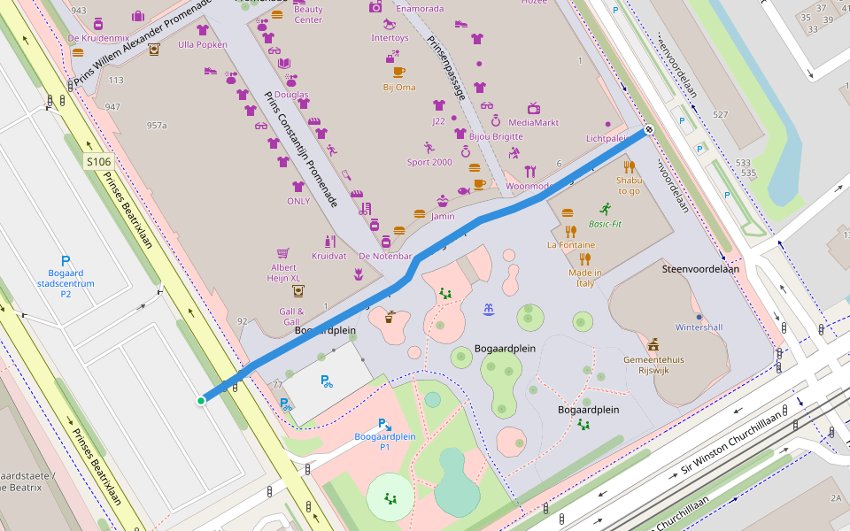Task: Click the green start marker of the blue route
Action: pos(201,401)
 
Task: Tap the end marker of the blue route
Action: pos(649,129)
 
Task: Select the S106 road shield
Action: pos(98,161)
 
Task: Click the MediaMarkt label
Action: pos(534,122)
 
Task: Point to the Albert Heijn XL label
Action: pos(283,273)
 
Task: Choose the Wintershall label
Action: pos(699,327)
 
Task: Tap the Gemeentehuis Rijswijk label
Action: pos(653,365)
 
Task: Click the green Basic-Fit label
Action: pos(606,224)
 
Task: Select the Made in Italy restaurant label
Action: pos(584,278)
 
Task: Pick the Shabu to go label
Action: pos(629,185)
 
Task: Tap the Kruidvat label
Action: pos(328,256)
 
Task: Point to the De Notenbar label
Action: pos(385,256)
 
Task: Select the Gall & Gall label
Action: pos(291,316)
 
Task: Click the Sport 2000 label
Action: pos(429,162)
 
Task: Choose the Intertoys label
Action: pos(390,38)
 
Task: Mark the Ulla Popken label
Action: pos(202,44)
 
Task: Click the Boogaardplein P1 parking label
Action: pos(385,442)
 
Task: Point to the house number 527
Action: pos(720,115)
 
